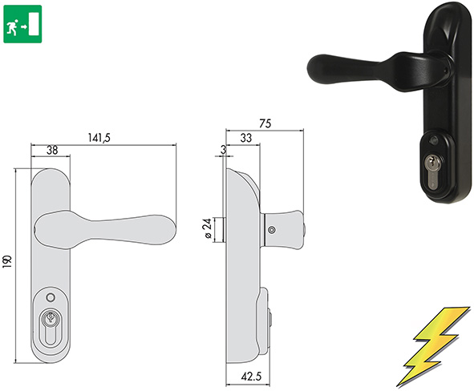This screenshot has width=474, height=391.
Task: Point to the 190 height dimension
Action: click(x=9, y=261)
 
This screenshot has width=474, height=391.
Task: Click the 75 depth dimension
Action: click(x=265, y=123)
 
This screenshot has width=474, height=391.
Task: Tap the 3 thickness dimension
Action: click(x=221, y=149)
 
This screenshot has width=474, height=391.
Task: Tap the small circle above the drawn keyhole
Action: click(x=50, y=297)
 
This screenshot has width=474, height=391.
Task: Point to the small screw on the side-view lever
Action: click(x=271, y=232)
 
